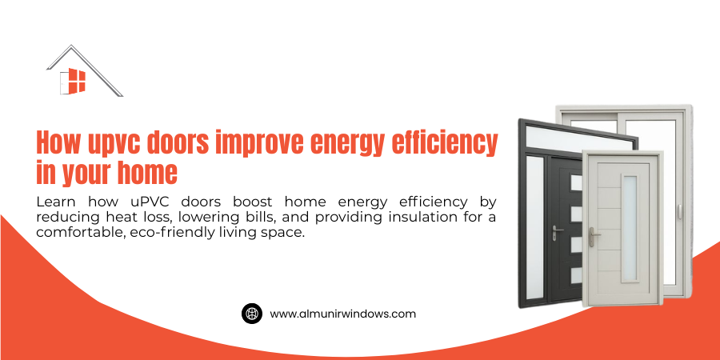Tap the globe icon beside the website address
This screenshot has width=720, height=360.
(x=252, y=314)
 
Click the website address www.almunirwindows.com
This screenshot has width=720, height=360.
(x=342, y=314)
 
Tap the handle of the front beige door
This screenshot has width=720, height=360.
(x=592, y=238)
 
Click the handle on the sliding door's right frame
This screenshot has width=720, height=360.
(x=680, y=213)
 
